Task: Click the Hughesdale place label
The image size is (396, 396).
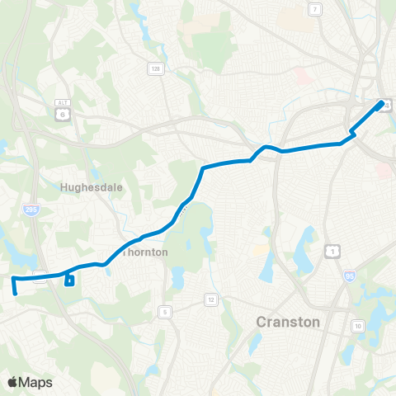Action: (92, 187)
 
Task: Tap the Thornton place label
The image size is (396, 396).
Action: (145, 252)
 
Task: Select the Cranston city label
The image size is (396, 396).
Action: (288, 321)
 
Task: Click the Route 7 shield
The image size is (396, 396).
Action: (315, 9)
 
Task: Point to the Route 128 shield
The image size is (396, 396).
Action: (154, 68)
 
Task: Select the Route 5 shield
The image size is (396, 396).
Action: (165, 311)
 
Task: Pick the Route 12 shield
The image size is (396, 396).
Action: (211, 299)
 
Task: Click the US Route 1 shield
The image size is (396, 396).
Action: (332, 249)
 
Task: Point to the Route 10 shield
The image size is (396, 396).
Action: (358, 328)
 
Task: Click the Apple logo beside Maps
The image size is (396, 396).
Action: (13, 382)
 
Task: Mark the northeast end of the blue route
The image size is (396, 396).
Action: (381, 105)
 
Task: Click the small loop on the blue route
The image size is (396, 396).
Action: (69, 281)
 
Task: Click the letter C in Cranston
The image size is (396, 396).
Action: (262, 321)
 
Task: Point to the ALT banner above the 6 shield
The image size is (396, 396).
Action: (63, 102)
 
